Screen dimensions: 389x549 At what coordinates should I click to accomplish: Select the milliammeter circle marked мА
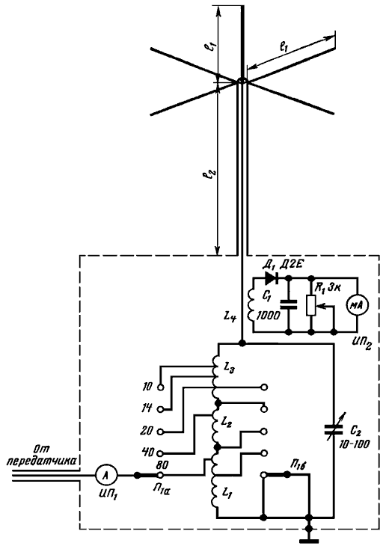pyautogui.click(x=357, y=305)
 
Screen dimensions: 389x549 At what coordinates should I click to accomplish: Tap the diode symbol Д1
pyautogui.click(x=272, y=278)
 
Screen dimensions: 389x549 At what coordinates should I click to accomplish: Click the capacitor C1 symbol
pyautogui.click(x=289, y=304)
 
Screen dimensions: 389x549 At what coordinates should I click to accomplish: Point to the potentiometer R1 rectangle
pyautogui.click(x=311, y=305)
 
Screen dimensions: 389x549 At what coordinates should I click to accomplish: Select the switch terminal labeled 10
pyautogui.click(x=160, y=387)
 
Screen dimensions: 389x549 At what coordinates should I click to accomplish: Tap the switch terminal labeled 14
pyautogui.click(x=160, y=409)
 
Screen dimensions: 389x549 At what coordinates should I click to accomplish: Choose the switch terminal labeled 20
pyautogui.click(x=160, y=432)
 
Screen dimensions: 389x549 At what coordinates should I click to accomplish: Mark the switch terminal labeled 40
pyautogui.click(x=160, y=454)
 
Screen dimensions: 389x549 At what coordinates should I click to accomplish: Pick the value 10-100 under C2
pyautogui.click(x=354, y=445)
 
